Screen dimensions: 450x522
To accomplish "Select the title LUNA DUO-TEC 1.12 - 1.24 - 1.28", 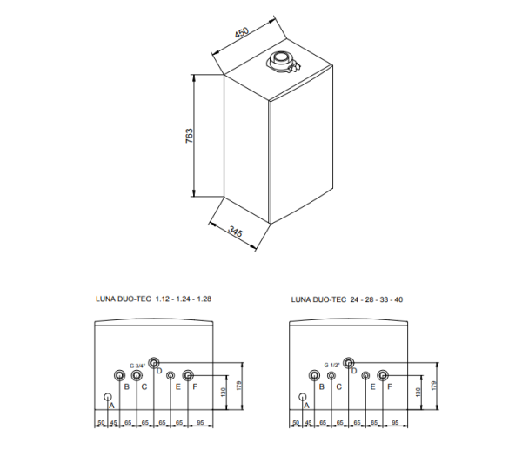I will pos(153,299).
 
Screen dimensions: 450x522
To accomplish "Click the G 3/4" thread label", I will pos(137,365).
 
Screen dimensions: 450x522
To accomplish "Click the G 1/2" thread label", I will pos(332,365).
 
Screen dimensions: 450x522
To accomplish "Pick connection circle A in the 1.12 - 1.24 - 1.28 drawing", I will pos(109,398).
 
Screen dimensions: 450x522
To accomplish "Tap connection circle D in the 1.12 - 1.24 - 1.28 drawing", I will pos(154,362).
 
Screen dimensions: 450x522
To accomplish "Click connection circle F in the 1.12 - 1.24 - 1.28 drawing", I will pos(187,374).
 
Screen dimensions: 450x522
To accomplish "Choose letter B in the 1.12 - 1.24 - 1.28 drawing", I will pos(127,386).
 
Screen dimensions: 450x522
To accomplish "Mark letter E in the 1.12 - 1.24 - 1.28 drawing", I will pos(177,386).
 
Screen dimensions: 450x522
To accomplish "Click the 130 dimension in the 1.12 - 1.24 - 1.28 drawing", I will pos(225,392).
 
